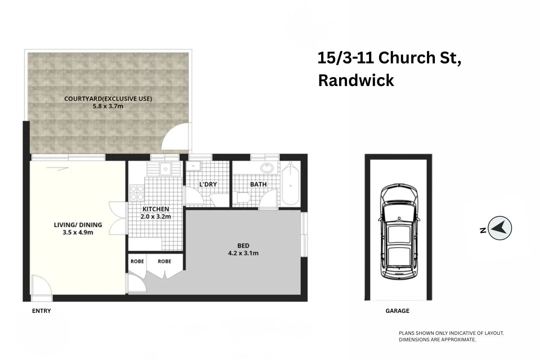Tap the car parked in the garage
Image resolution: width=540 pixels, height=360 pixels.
[x=399, y=232]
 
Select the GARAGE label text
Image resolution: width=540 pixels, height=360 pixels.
[x=397, y=311]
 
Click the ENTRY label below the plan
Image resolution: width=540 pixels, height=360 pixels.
[x=41, y=311]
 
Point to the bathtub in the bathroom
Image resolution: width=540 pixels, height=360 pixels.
[x=291, y=184]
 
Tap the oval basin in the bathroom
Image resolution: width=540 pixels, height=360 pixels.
[x=267, y=168]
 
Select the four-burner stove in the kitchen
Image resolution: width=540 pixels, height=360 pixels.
[x=137, y=192]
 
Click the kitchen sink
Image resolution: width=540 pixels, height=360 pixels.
[x=165, y=168]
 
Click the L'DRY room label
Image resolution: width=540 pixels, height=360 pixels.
[x=208, y=184]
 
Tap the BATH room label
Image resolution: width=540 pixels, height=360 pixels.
[x=258, y=184]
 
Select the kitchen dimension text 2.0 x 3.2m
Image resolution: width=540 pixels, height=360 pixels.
[x=156, y=217]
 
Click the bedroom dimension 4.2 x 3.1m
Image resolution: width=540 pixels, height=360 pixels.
[x=243, y=253]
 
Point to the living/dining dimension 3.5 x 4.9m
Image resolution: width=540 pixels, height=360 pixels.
[x=78, y=233]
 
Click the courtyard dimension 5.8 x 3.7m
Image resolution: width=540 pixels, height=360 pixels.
[x=108, y=106]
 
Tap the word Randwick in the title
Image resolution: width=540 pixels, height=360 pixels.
[x=356, y=80]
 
